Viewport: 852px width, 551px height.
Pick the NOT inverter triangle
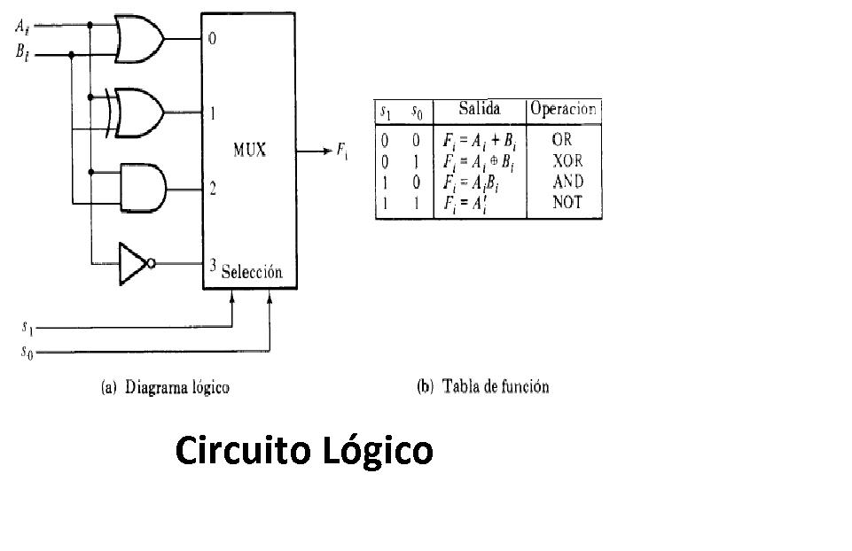pyautogui.click(x=135, y=263)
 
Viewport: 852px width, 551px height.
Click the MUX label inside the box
pyautogui.click(x=249, y=151)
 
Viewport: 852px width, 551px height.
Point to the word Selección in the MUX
pyautogui.click(x=252, y=272)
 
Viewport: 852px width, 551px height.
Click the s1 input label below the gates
pyautogui.click(x=28, y=327)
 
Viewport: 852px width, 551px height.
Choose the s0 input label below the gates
pyautogui.click(x=28, y=352)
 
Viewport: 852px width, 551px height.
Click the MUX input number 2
pyautogui.click(x=213, y=188)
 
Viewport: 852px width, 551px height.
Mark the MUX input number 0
pyautogui.click(x=212, y=39)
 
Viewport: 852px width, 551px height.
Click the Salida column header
pyautogui.click(x=479, y=110)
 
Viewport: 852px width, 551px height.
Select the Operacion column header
pyautogui.click(x=564, y=110)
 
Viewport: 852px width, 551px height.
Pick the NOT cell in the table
pyautogui.click(x=567, y=202)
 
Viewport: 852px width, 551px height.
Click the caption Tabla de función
pyautogui.click(x=482, y=387)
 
